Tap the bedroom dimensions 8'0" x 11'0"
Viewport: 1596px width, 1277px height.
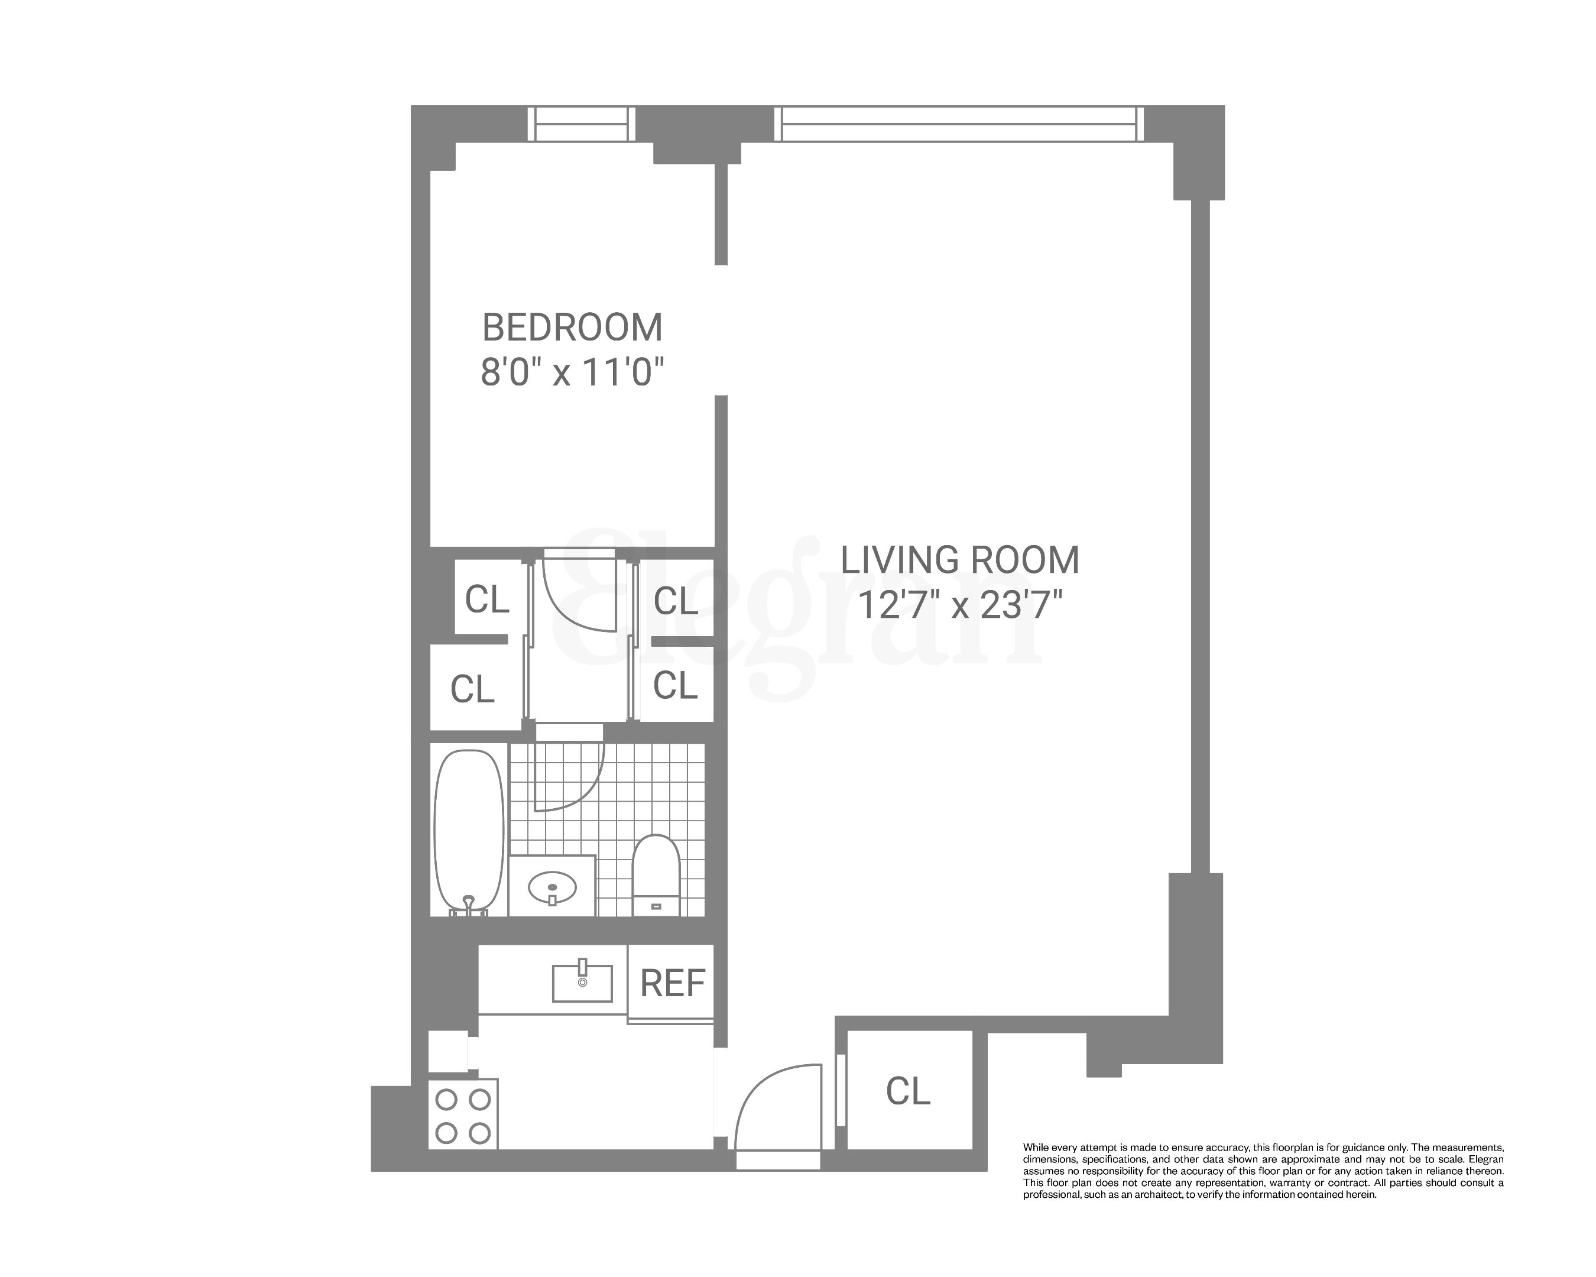coord(572,372)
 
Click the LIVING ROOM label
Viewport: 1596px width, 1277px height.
coord(959,560)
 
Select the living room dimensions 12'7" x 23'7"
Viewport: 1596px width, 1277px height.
coord(959,605)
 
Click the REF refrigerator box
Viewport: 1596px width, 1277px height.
coord(672,983)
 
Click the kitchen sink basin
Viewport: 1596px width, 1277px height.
coord(582,983)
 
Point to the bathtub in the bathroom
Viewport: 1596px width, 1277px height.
coord(468,829)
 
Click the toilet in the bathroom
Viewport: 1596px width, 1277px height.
coord(656,874)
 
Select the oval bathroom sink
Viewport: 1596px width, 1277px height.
coord(552,886)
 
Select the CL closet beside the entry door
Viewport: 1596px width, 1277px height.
coord(907,1090)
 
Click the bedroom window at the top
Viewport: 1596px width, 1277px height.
coord(581,124)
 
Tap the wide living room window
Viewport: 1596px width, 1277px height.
coord(959,124)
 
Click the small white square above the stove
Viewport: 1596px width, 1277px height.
coord(448,1051)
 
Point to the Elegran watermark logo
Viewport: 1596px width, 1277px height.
coord(803,614)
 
